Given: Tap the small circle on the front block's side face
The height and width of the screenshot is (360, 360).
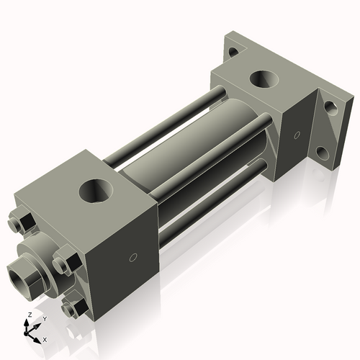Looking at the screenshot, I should tap(132, 257).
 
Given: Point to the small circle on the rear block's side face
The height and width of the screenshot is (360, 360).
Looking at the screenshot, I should tap(297, 134).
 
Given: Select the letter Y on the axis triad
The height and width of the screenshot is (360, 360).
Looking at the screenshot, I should tap(44, 318).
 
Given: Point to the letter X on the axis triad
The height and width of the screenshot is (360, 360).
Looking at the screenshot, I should tap(45, 338).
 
